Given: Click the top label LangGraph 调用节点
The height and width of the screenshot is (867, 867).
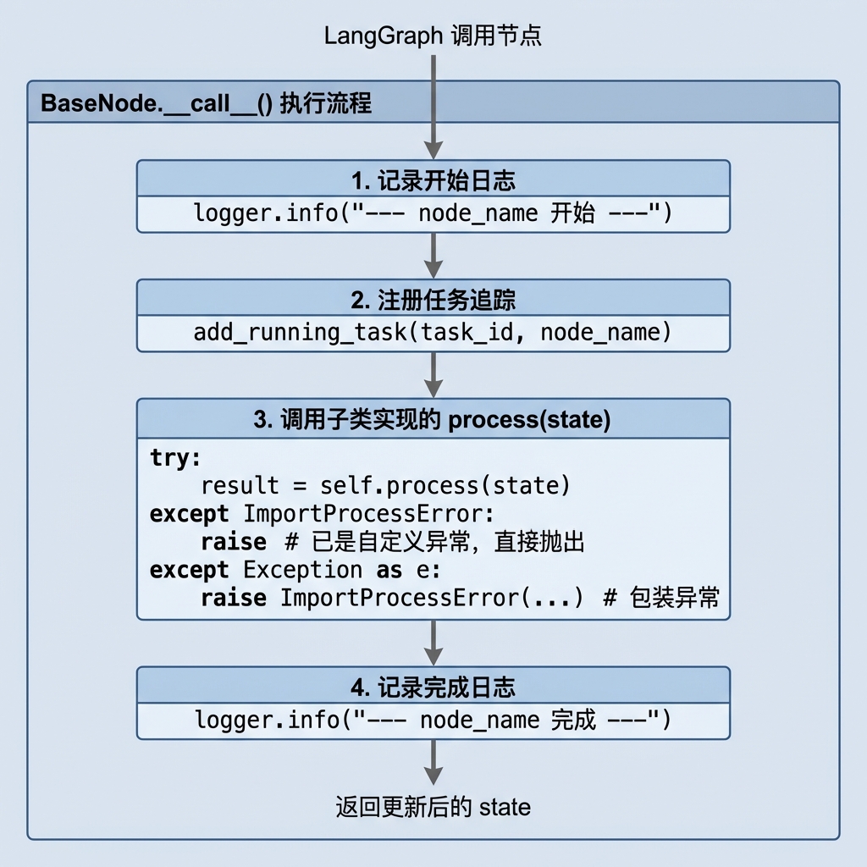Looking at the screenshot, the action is coord(433,36).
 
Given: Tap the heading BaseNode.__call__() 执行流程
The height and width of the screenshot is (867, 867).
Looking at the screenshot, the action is coord(207,103).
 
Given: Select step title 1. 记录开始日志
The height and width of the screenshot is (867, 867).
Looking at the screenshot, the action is coord(433,181).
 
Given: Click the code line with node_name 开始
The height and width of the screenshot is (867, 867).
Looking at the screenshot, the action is coord(433,213).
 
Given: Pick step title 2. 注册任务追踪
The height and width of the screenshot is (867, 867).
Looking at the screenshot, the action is coord(433,301).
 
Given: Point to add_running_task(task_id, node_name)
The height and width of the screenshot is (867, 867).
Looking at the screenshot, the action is coord(433,332).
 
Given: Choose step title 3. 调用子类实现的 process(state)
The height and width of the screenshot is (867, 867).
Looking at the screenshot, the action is coord(433,420).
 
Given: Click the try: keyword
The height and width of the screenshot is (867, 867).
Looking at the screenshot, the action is coord(175,458).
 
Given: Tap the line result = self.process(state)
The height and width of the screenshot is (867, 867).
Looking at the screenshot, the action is coord(385,485).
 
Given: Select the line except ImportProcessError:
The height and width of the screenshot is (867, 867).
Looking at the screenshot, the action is coord(322,514).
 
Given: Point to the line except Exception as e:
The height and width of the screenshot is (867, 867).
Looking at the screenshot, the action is coord(295,570).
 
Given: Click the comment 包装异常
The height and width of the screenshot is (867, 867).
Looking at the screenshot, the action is coord(662,598).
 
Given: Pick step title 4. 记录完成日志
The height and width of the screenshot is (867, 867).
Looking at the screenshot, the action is coord(433,688).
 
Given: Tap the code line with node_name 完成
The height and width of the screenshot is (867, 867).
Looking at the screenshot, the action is coord(433,720).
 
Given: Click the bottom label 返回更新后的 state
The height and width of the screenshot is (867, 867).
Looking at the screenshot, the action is coord(433,807).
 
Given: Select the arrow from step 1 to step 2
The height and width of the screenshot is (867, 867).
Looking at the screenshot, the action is coord(433,256).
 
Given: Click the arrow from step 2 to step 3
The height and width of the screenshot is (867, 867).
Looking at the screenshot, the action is coord(433,375).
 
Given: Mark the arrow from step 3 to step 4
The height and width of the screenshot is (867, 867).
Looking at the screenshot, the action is coord(433,643).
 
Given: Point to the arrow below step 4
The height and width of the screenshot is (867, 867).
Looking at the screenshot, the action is coord(433,763).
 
